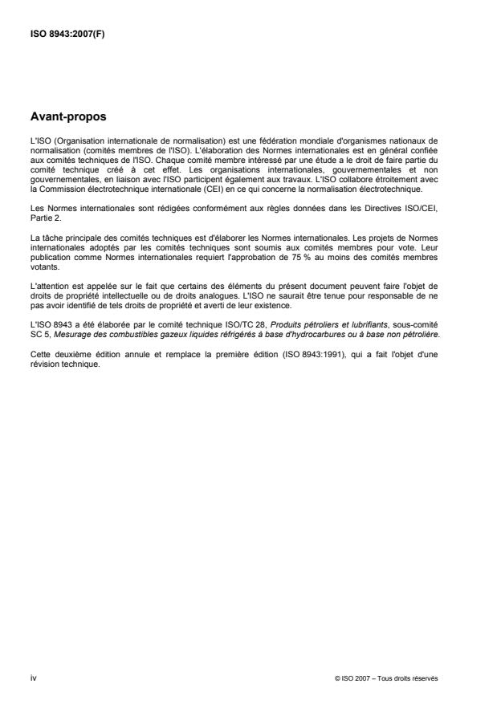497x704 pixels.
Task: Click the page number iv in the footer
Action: (x=32, y=678)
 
